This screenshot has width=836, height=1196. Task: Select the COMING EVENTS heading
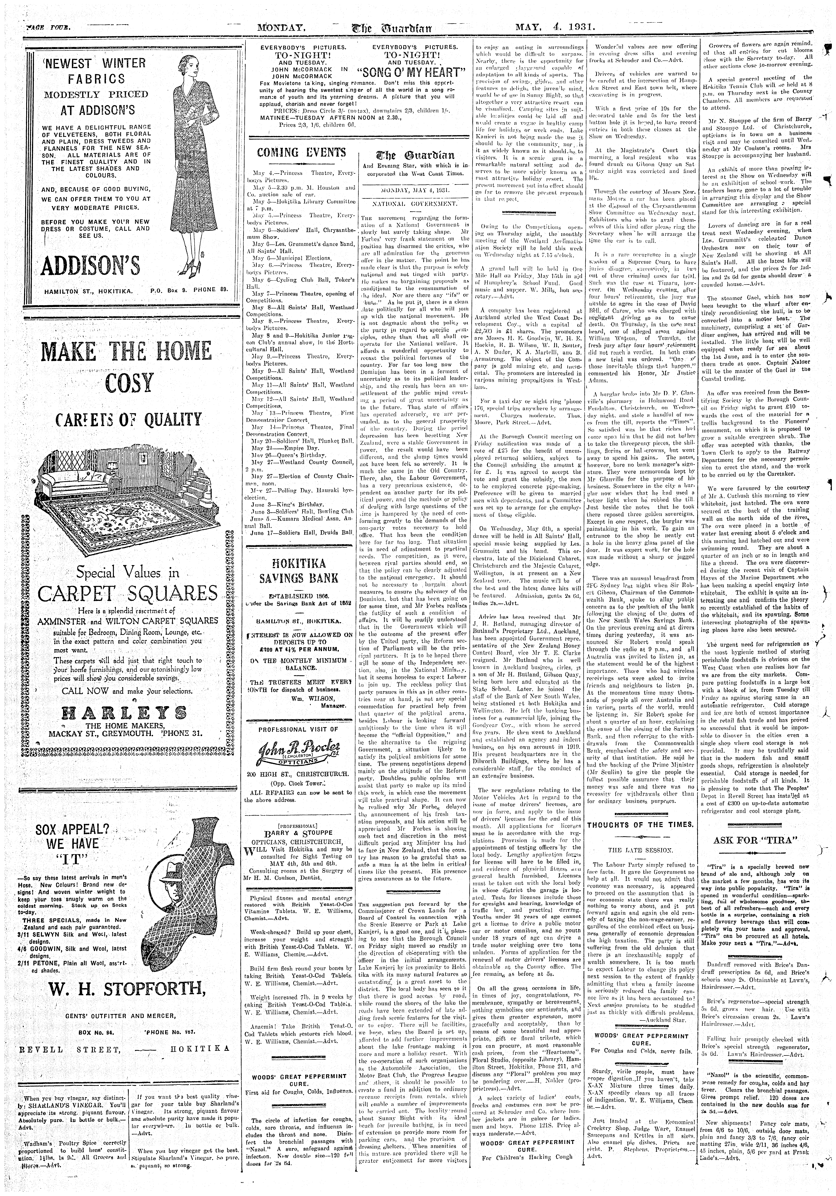coord(302,153)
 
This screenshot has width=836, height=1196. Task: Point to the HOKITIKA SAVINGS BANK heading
coord(302,571)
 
